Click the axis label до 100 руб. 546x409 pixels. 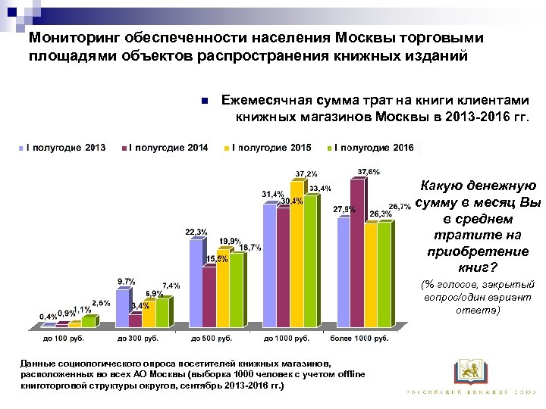[58, 338]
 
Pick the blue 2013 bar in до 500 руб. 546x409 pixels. [196, 284]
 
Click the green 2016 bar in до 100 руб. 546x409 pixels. [89, 322]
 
